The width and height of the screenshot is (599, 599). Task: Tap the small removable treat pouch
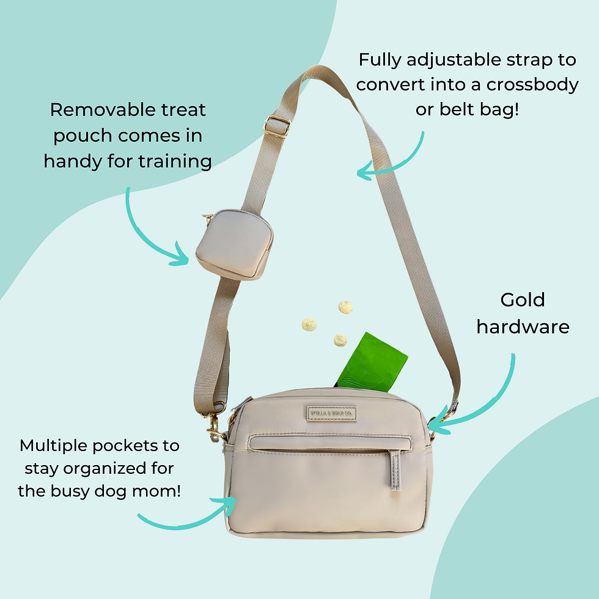pos(233,244)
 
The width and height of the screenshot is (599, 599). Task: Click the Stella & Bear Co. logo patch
pos(330,414)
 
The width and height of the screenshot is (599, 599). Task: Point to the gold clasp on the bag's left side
pos(215,428)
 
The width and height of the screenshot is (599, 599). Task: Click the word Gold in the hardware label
pos(522,300)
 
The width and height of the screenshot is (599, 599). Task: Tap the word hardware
pos(523,327)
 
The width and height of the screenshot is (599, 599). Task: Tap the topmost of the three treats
pos(345,306)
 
